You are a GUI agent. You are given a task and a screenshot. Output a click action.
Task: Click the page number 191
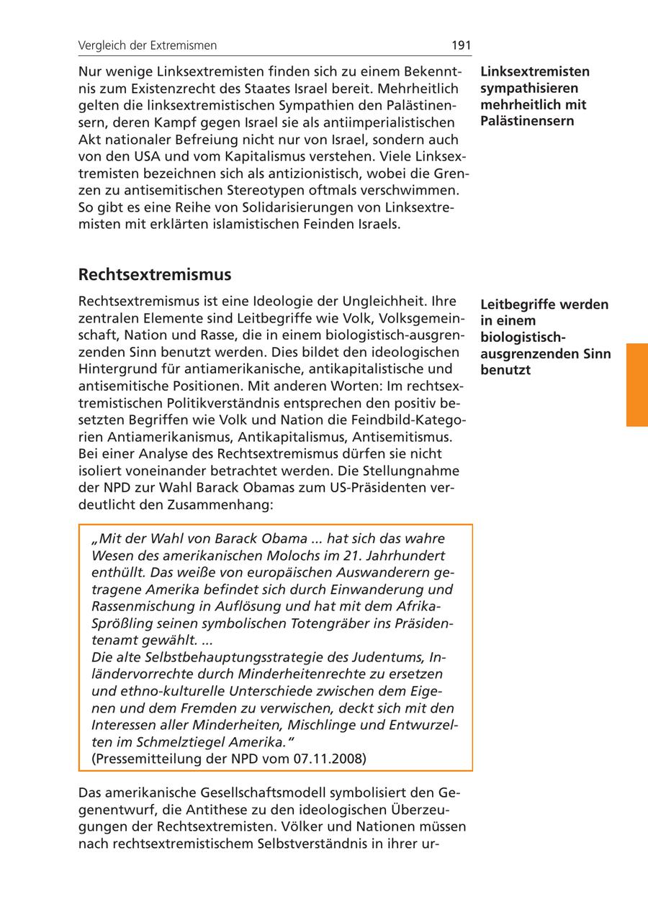click(x=461, y=45)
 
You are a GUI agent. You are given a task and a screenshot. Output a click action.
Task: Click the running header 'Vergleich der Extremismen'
click(x=148, y=45)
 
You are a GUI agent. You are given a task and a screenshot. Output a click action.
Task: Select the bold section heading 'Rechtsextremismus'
click(x=155, y=275)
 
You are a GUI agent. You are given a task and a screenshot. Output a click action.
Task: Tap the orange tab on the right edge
click(x=636, y=385)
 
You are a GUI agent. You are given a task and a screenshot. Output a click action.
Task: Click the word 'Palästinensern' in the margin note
click(x=527, y=120)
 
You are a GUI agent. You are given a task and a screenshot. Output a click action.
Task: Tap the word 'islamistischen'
click(x=254, y=225)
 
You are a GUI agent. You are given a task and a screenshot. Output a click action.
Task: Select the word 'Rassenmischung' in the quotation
click(x=140, y=606)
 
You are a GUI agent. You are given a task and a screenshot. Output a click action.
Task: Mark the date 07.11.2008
click(x=329, y=759)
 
